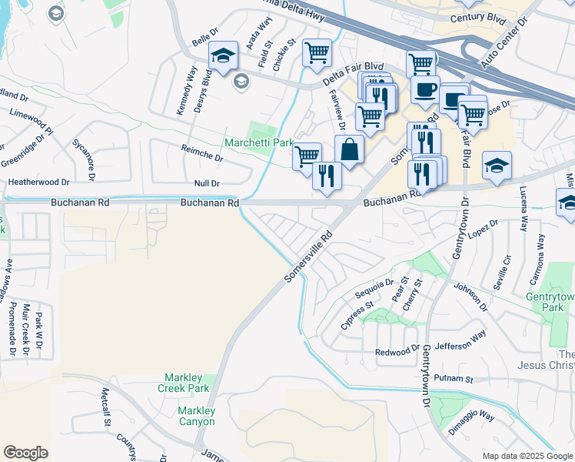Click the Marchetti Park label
tap(259, 143)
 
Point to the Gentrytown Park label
tap(550, 302)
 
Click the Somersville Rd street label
tap(310, 256)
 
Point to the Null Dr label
tap(207, 183)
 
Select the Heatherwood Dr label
tap(38, 182)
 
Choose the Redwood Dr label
tap(396, 352)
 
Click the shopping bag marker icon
tap(350, 149)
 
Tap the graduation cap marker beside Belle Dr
tap(223, 55)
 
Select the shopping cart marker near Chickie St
tap(317, 53)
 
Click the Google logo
tap(25, 453)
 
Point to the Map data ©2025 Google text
tap(527, 456)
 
